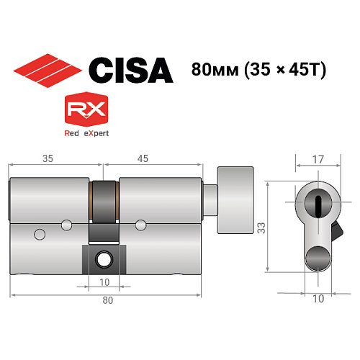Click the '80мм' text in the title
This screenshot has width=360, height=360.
(x=215, y=70)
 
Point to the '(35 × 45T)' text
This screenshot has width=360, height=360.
(x=287, y=70)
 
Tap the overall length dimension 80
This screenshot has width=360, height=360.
(x=106, y=300)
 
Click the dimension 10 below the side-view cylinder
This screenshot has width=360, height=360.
(x=104, y=282)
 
